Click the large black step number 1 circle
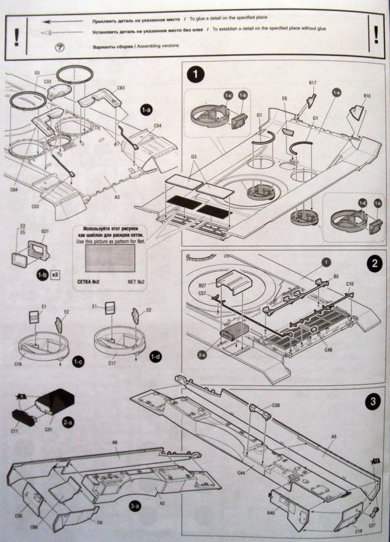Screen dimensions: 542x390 point(194,75)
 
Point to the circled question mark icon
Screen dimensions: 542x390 point(59,48)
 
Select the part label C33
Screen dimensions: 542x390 point(48,81)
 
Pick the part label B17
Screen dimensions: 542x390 point(313,82)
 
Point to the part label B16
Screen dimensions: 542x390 point(367,96)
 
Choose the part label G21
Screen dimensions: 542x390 point(45,232)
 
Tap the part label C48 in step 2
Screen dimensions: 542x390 point(330,350)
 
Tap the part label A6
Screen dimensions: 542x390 point(114,441)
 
